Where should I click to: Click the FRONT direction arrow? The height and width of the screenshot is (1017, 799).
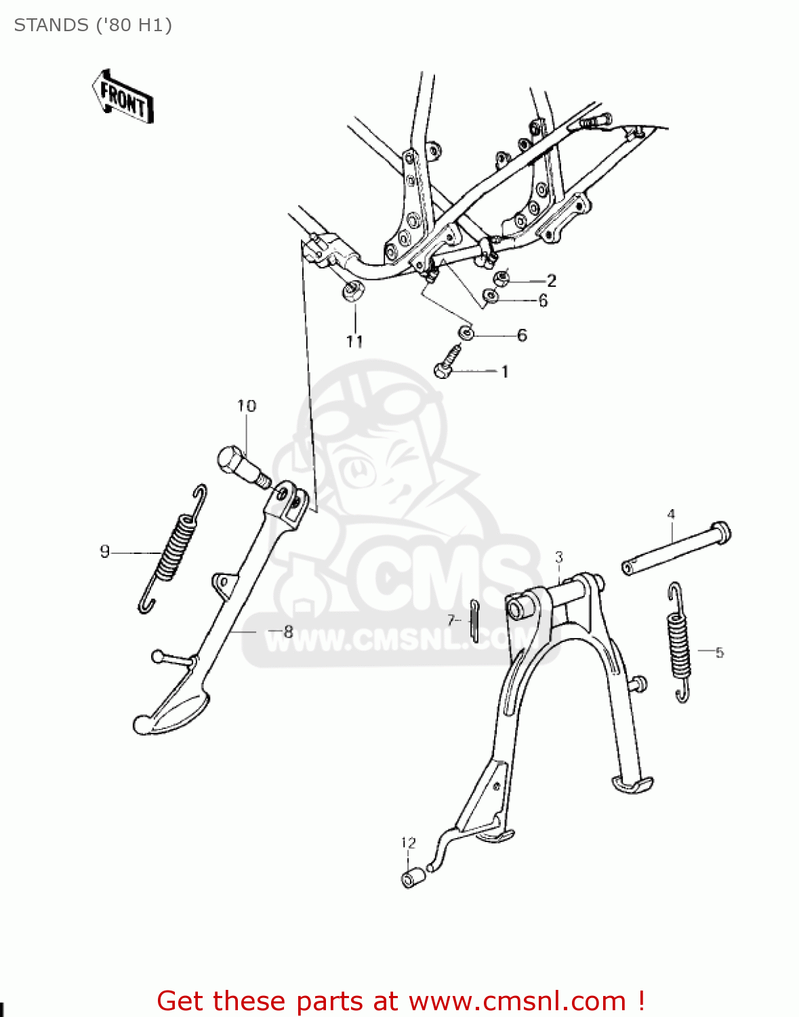[x=123, y=97]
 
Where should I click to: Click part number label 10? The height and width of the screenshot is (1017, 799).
[x=247, y=405]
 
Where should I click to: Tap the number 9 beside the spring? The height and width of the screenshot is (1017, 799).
[x=104, y=551]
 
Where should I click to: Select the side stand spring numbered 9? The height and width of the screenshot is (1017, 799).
[x=174, y=547]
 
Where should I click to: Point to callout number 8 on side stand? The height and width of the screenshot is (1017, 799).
[x=288, y=632]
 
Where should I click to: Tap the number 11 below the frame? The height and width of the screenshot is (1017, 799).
[x=354, y=341]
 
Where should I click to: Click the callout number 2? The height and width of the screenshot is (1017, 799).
[x=552, y=280]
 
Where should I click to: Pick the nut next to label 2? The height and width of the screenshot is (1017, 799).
[x=501, y=277]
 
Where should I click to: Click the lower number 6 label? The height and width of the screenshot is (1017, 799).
[x=522, y=335]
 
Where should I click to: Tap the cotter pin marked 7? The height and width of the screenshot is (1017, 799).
[x=475, y=619]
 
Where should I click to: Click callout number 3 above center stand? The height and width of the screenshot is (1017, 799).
[x=558, y=557]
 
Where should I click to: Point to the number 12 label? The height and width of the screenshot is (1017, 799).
[x=408, y=843]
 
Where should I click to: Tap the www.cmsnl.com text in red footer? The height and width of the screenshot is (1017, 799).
[x=517, y=1001]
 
